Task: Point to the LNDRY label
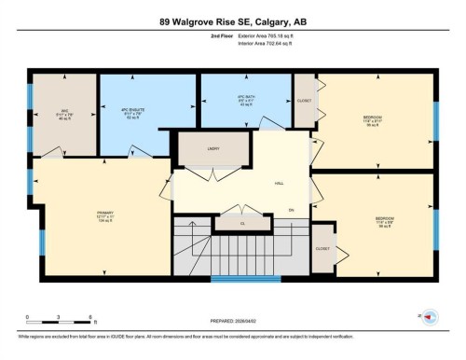pyautogui.click(x=212, y=147)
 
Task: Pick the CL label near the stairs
pyautogui.click(x=241, y=224)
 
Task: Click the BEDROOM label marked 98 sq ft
pyautogui.click(x=372, y=118)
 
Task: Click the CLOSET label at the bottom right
pyautogui.click(x=322, y=249)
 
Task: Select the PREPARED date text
pyautogui.click(x=232, y=323)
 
